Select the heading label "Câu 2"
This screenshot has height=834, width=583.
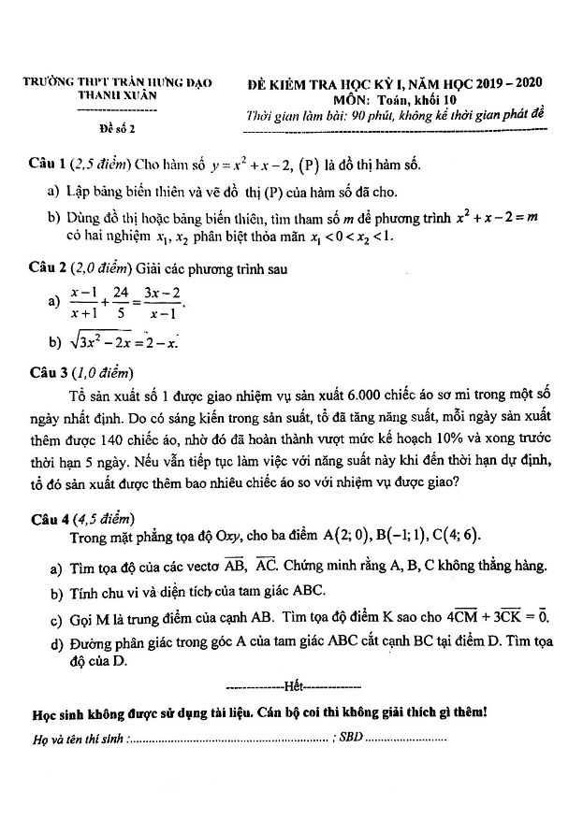[x=47, y=268]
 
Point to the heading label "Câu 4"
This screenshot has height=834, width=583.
[x=47, y=517]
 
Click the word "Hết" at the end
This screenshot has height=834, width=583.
[x=293, y=685]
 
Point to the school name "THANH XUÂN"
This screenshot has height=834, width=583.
[x=118, y=96]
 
